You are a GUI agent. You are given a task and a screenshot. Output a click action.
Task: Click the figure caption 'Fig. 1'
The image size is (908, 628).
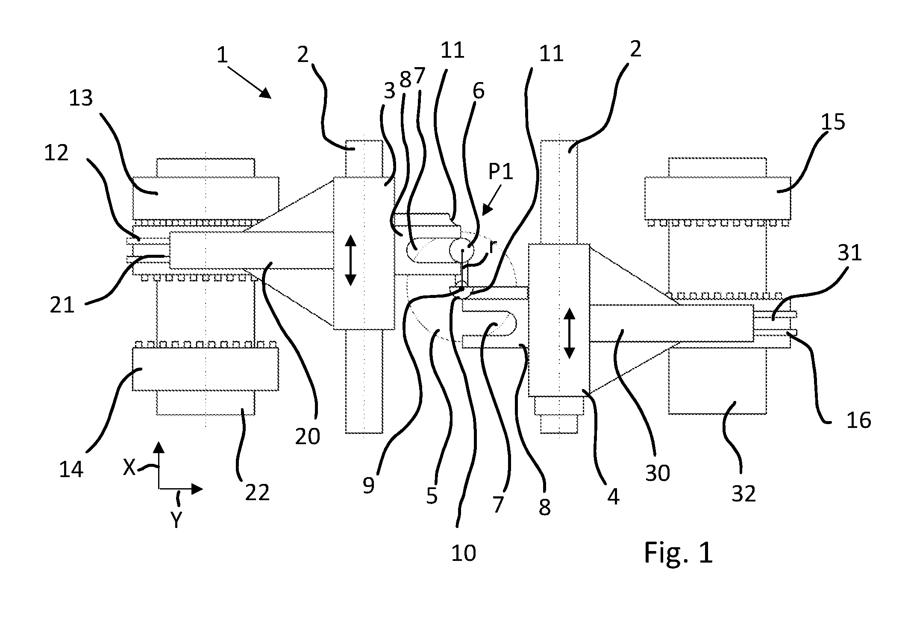pyautogui.click(x=678, y=552)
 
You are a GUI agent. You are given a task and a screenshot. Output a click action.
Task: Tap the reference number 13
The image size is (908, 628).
pyautogui.click(x=81, y=98)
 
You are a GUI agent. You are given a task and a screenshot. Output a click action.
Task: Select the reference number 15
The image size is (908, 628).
pyautogui.click(x=833, y=122)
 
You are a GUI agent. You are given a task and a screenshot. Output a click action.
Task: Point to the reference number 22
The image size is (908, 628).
pyautogui.click(x=257, y=492)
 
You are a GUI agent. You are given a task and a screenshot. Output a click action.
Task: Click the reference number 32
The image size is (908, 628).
pyautogui.click(x=744, y=494)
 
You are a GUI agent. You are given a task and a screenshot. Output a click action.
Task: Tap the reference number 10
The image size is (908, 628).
pyautogui.click(x=464, y=553)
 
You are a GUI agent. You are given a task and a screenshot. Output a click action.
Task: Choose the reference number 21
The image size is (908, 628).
pyautogui.click(x=62, y=306)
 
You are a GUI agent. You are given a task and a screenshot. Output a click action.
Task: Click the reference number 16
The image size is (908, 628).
pyautogui.click(x=859, y=420)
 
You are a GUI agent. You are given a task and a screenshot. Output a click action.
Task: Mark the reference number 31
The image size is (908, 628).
pyautogui.click(x=849, y=253)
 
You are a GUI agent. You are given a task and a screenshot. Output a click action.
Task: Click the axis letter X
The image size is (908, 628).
pyautogui.click(x=129, y=467)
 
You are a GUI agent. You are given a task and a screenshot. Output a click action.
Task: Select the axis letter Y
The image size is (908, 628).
pyautogui.click(x=176, y=520)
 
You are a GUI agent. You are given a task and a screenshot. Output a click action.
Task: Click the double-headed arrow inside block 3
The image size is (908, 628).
pyautogui.click(x=350, y=260)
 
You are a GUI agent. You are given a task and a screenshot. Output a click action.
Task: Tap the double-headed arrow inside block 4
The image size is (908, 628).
pyautogui.click(x=569, y=333)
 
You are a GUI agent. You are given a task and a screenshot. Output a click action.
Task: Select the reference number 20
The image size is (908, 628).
pyautogui.click(x=308, y=436)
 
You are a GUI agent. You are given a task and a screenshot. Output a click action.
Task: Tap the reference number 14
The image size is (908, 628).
pyautogui.click(x=71, y=469)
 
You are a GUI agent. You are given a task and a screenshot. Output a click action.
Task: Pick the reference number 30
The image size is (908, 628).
pyautogui.click(x=658, y=473)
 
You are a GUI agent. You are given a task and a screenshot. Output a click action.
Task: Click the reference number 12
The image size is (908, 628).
pyautogui.click(x=56, y=153)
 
